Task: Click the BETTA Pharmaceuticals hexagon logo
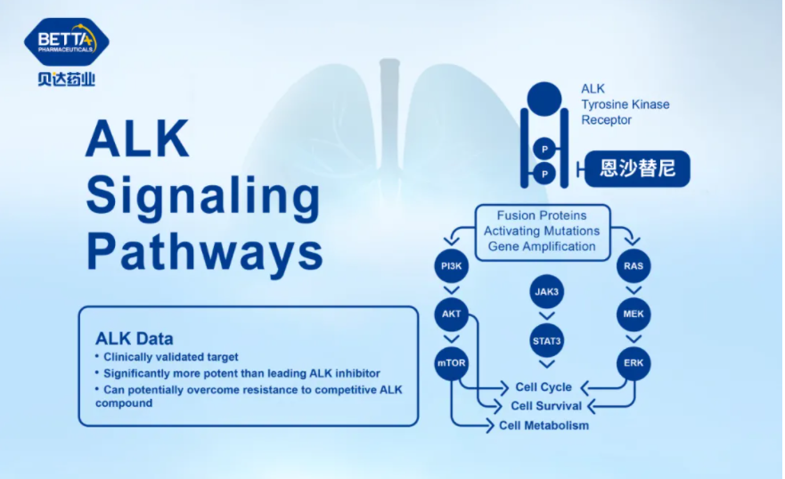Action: pyautogui.click(x=67, y=42)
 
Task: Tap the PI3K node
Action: pyautogui.click(x=451, y=266)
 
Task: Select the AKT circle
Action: pyautogui.click(x=451, y=314)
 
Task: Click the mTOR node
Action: pyautogui.click(x=451, y=363)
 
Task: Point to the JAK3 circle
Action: pyautogui.click(x=546, y=291)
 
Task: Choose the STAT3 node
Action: pyautogui.click(x=546, y=341)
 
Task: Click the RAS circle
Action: pyautogui.click(x=634, y=266)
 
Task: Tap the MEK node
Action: pyautogui.click(x=634, y=314)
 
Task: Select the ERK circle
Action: pyautogui.click(x=634, y=363)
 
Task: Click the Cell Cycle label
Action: pyautogui.click(x=544, y=387)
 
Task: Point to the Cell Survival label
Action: pyautogui.click(x=546, y=406)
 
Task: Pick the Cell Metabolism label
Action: pyautogui.click(x=544, y=426)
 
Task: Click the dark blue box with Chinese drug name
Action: pyautogui.click(x=637, y=169)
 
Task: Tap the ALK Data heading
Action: pyautogui.click(x=135, y=338)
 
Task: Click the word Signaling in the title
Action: pyautogui.click(x=203, y=196)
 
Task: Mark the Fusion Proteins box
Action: pyautogui.click(x=543, y=232)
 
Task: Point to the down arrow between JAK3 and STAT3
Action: pyautogui.click(x=546, y=316)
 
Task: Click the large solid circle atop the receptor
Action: pyautogui.click(x=544, y=99)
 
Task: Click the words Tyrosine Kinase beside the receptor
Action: pyautogui.click(x=626, y=104)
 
